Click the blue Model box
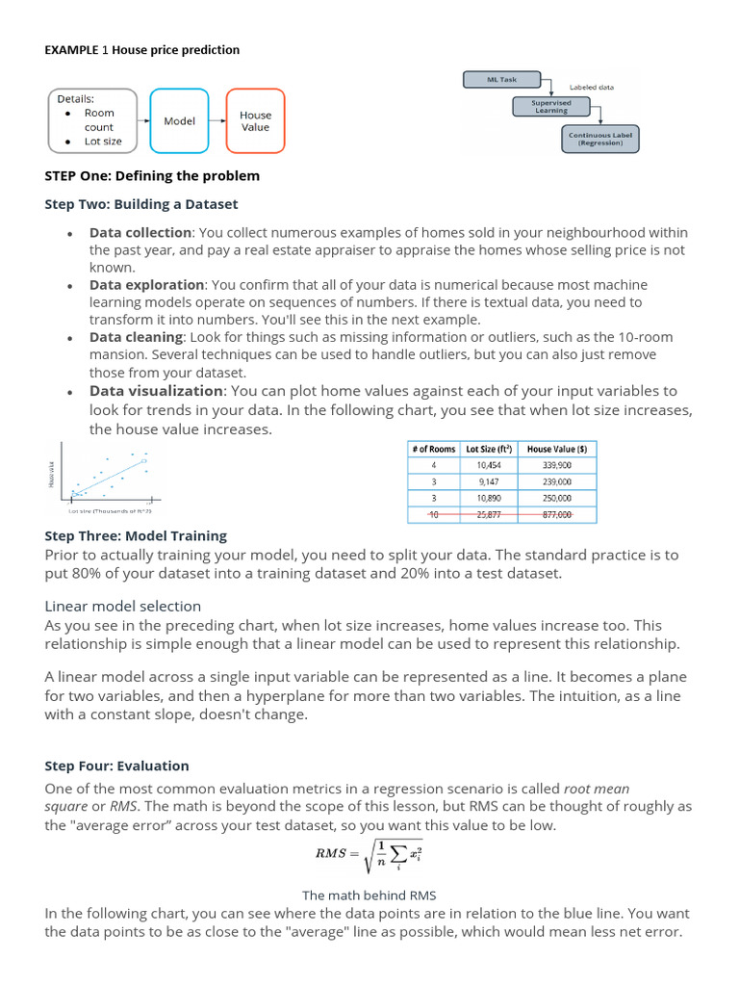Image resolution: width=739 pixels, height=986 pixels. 180,121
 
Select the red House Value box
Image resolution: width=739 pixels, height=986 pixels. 256,121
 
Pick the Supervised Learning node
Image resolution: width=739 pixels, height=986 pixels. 551,107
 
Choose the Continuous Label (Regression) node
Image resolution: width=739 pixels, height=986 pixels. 600,140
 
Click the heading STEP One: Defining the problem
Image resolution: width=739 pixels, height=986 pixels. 152,176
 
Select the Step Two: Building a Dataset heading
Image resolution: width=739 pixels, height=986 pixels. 141,204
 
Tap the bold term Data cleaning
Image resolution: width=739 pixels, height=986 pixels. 136,337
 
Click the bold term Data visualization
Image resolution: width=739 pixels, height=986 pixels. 156,391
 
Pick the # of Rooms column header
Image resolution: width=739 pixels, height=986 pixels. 433,449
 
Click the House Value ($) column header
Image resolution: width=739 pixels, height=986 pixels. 556,449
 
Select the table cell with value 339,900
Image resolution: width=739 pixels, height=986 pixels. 556,465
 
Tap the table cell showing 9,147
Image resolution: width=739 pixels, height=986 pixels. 489,481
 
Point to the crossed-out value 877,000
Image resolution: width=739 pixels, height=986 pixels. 556,515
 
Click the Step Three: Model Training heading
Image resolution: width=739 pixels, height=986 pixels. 136,535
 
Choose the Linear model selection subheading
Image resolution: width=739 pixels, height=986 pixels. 123,606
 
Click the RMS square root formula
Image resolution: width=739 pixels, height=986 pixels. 369,853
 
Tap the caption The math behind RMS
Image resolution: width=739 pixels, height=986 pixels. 369,895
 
